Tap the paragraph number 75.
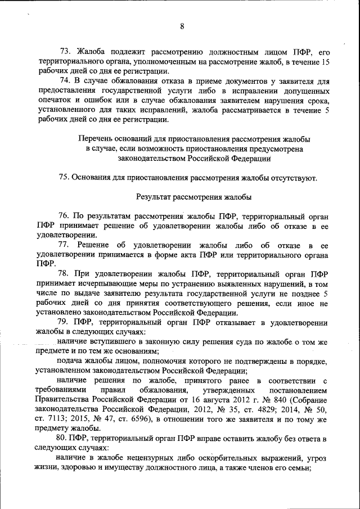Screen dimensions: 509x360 (64, 178)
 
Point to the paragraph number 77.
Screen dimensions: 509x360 (65, 245)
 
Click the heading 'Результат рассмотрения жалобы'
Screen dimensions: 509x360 (193, 197)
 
